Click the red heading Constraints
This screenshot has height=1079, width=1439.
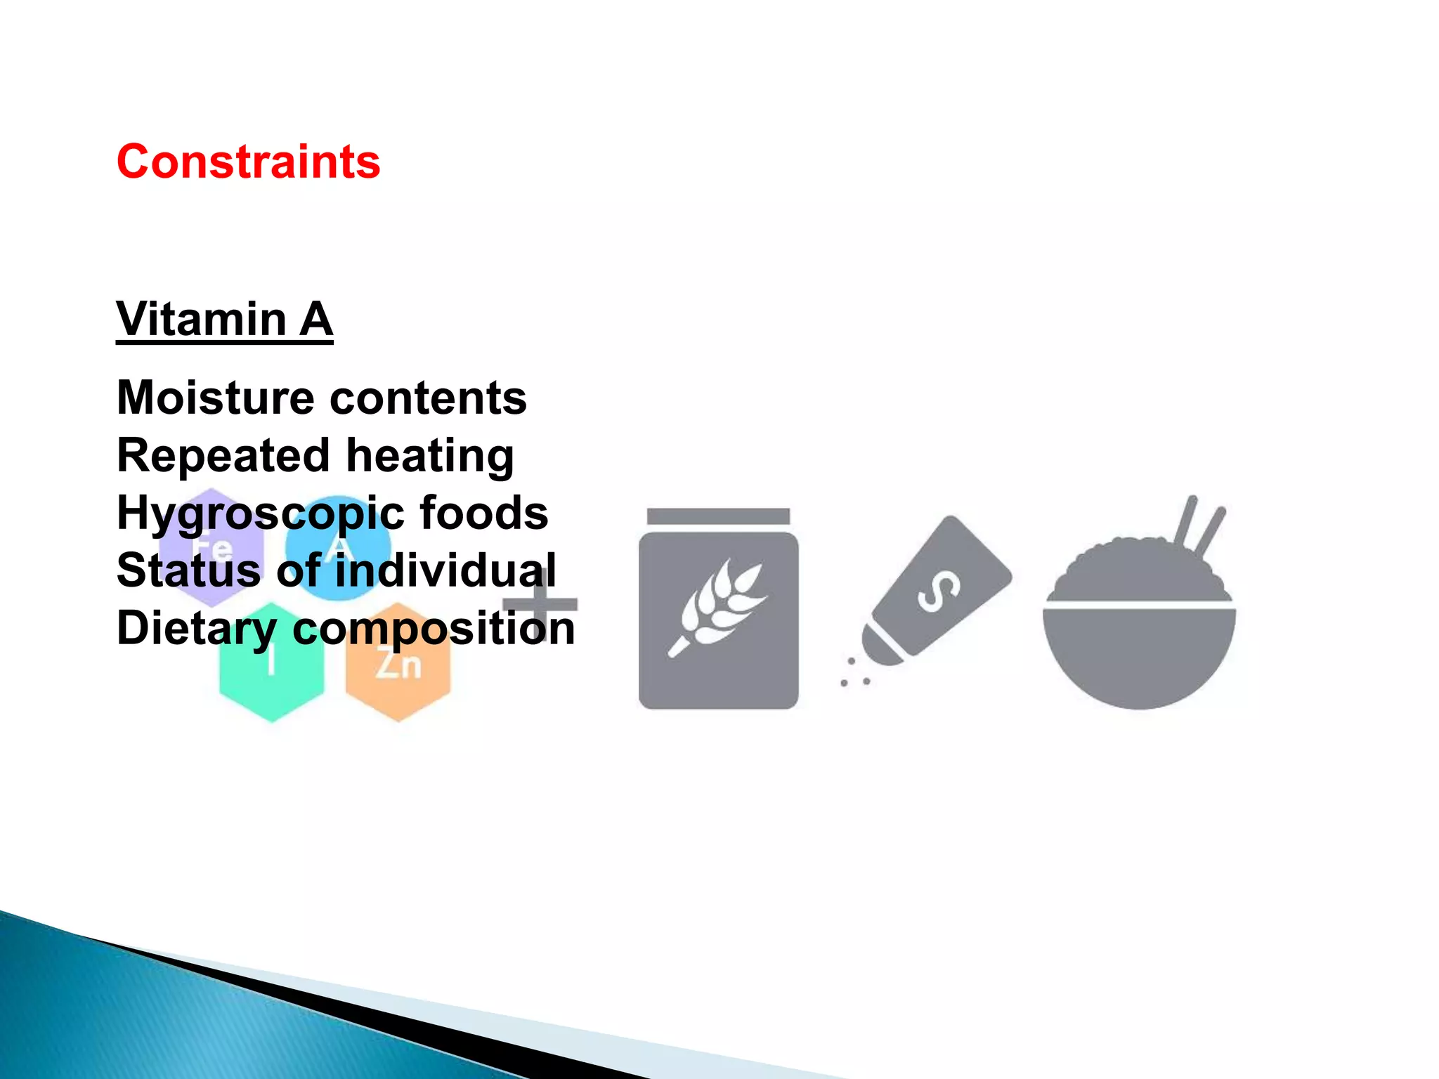(x=248, y=162)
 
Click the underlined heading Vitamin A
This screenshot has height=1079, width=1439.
(x=224, y=320)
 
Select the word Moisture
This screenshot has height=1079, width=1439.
(x=214, y=398)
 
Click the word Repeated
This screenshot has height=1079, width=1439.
(x=223, y=456)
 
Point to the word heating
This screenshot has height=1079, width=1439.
(x=430, y=456)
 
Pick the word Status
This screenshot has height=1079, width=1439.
(x=188, y=570)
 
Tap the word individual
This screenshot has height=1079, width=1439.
(x=445, y=570)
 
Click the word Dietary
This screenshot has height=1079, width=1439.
(x=197, y=629)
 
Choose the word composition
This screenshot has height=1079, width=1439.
(x=433, y=629)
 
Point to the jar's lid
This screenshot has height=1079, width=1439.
(x=718, y=516)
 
